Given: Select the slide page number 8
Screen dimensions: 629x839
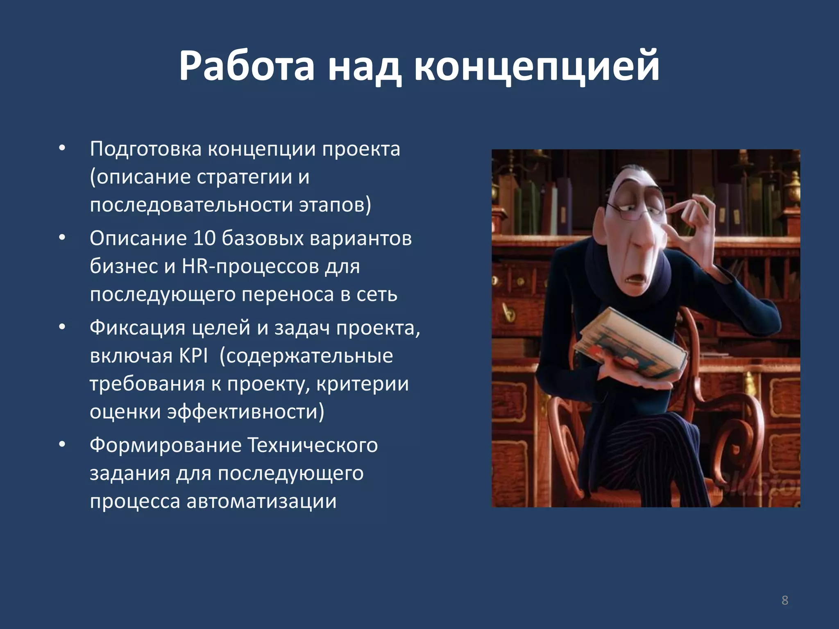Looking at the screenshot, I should (785, 600).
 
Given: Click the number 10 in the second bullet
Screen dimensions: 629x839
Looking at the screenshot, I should (204, 238).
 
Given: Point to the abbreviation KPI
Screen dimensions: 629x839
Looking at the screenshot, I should (193, 355).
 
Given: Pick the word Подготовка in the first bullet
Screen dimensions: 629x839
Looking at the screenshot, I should (145, 149).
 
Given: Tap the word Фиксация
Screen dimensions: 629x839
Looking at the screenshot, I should (137, 328).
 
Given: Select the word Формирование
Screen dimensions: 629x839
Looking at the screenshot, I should (166, 446).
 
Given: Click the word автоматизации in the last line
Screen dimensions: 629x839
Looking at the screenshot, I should (261, 501).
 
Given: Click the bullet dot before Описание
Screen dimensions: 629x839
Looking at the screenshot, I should (62, 238).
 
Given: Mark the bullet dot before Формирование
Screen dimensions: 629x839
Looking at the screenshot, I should (62, 445).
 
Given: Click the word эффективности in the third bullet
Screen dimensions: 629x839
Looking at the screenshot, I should (245, 412).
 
